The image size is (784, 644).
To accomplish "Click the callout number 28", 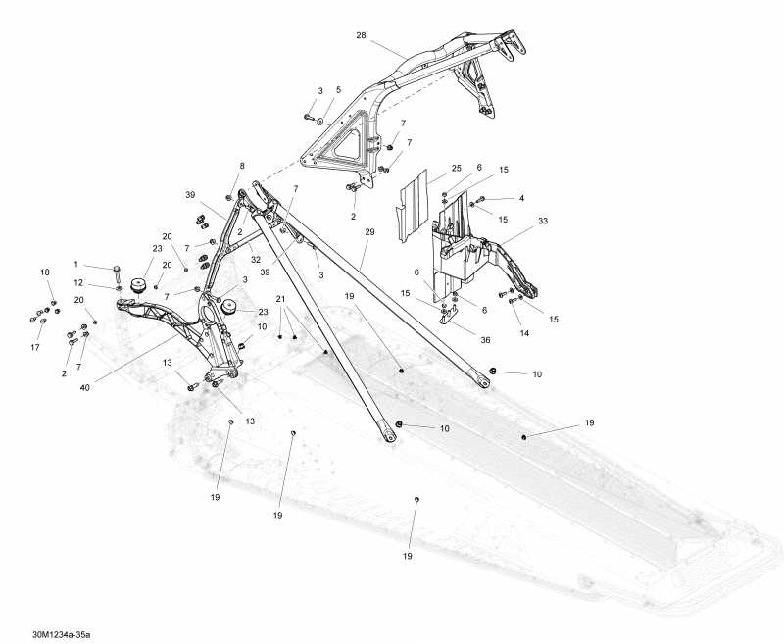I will click(361, 35).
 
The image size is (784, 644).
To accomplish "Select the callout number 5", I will click(338, 90).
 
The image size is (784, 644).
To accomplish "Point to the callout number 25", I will click(428, 169).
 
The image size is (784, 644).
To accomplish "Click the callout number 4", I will click(521, 198).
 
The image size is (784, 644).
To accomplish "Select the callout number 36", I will click(484, 340).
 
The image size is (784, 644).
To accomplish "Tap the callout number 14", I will click(523, 334).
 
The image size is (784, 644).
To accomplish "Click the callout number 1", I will click(76, 264).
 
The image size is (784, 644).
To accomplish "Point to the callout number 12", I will click(78, 283).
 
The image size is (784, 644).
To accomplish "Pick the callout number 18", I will click(44, 272).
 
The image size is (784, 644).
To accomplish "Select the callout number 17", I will click(37, 347).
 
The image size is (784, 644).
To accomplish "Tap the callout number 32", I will click(255, 261).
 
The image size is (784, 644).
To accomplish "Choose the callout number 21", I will click(280, 298).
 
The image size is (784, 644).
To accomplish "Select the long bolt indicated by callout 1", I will click(117, 268).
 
